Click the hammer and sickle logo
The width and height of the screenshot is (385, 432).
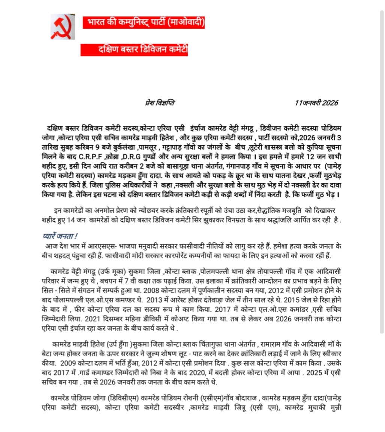click(63, 27)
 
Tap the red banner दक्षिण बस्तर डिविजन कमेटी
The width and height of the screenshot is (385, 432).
click(134, 49)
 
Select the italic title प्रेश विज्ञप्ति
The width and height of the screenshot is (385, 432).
click(160, 103)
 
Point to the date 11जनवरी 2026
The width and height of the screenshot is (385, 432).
click(316, 103)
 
